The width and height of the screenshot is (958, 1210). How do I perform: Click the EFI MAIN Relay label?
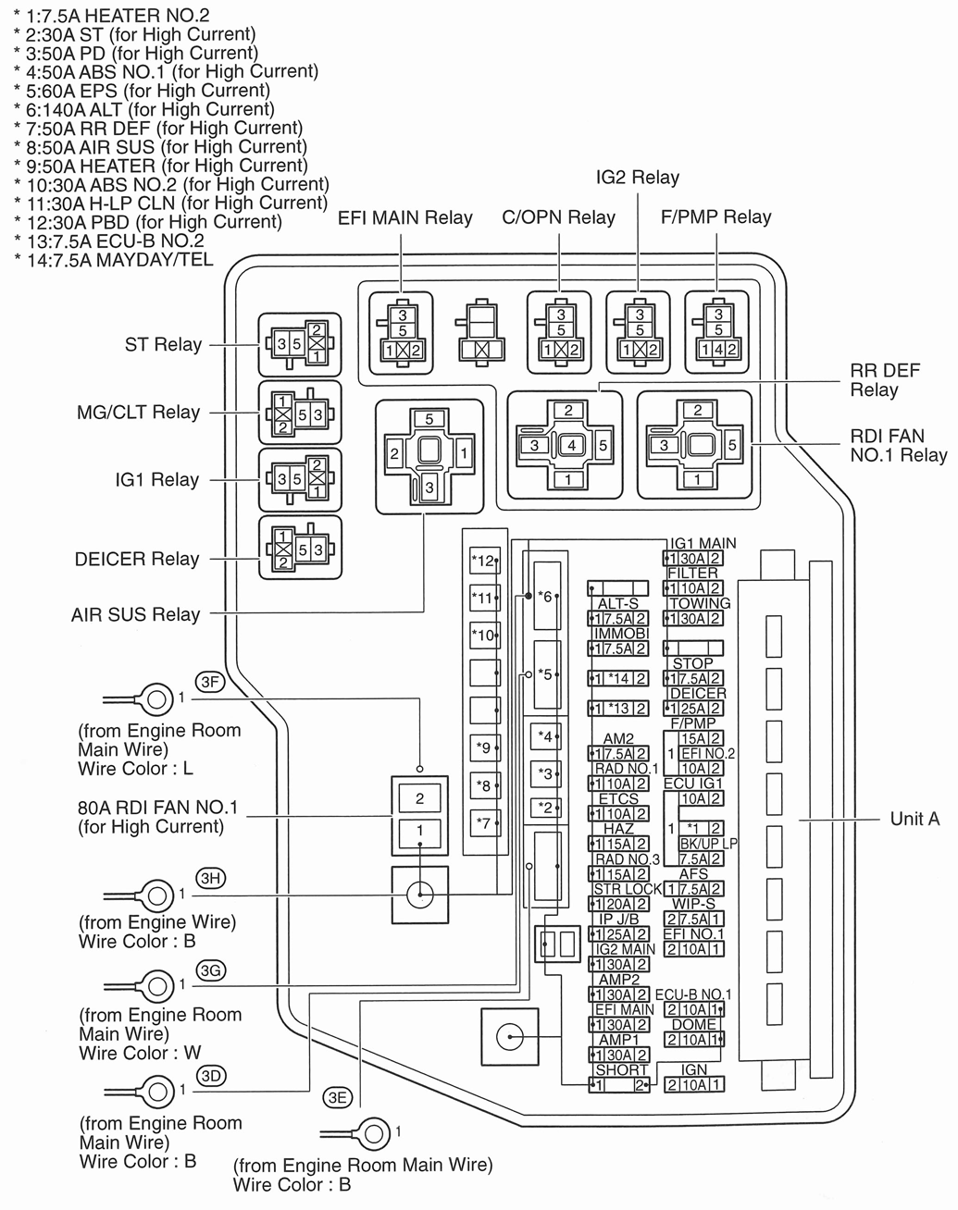404,218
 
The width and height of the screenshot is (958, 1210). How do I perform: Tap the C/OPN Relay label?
558,217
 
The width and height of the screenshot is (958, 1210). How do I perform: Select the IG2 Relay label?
637,178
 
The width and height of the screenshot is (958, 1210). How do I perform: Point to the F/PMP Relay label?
715,216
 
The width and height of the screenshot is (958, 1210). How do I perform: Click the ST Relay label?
163,345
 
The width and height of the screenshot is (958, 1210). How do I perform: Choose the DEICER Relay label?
137,559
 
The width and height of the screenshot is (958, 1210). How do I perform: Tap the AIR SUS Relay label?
135,614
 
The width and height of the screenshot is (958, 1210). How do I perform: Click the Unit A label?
914,819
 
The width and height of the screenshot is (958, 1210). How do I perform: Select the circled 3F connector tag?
211,683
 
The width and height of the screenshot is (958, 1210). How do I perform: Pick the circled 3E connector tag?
338,1097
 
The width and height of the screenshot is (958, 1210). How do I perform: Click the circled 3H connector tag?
211,879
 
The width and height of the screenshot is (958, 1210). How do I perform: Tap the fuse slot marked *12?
484,561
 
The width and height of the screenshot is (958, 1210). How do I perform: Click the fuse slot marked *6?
546,597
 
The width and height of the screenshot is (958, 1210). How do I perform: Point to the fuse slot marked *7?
484,821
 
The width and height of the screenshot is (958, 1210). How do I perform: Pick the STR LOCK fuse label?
628,889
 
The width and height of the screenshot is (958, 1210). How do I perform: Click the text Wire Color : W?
140,1053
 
